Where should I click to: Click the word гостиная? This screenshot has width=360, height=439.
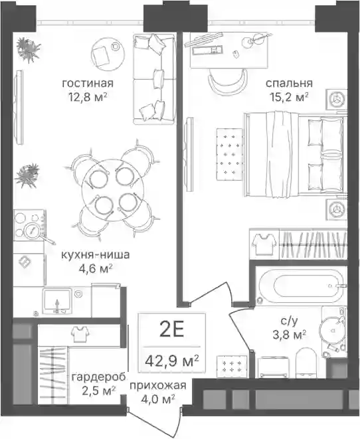[88, 83]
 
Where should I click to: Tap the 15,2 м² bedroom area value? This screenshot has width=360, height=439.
[289, 97]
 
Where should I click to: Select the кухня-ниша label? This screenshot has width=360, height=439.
[96, 255]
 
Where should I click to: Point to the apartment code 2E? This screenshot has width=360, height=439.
[171, 330]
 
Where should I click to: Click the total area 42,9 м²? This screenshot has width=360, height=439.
[172, 361]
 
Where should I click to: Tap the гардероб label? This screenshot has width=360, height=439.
[98, 377]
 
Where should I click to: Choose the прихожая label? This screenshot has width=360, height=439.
[158, 385]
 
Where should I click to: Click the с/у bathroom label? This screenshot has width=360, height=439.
[289, 321]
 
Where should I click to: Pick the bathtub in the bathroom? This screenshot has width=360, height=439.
[301, 286]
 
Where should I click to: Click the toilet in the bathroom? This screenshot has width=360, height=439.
[306, 362]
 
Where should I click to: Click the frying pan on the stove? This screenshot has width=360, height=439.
[36, 231]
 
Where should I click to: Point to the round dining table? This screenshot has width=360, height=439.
[112, 190]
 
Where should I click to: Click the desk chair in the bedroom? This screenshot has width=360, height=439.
[228, 80]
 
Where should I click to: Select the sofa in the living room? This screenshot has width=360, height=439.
[154, 79]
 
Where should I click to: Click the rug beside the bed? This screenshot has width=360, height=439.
[229, 154]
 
